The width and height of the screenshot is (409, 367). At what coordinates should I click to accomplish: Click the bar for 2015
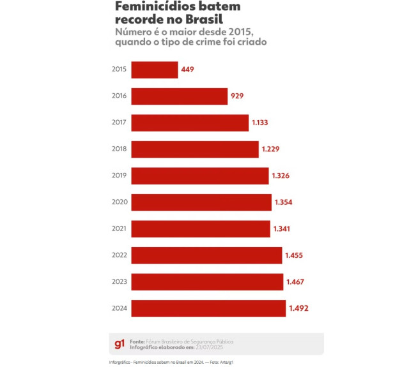(154, 70)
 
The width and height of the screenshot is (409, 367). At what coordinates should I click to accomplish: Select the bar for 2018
(194, 149)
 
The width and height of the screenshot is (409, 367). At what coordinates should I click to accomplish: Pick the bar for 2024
(208, 308)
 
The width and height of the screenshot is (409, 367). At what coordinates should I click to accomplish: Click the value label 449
(187, 70)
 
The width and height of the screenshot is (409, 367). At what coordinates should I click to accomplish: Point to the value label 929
(237, 96)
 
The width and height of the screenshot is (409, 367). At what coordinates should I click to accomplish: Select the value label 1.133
(261, 123)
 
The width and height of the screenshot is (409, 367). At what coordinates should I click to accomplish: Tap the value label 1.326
(281, 176)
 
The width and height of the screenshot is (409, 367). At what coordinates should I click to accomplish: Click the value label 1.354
(283, 202)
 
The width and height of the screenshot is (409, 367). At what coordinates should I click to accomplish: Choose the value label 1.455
(294, 255)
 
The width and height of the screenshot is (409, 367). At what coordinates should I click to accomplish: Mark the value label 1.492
(298, 308)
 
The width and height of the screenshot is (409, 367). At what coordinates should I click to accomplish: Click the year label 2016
(119, 96)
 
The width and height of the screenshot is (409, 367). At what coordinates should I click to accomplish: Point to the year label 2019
(119, 176)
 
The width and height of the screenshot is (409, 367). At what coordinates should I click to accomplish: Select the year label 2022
(119, 255)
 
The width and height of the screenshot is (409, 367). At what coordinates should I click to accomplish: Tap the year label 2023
(119, 281)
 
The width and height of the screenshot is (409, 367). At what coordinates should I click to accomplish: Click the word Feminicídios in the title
(152, 6)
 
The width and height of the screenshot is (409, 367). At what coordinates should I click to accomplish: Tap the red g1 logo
(119, 344)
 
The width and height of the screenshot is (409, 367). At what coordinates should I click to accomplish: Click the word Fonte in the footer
(137, 341)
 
